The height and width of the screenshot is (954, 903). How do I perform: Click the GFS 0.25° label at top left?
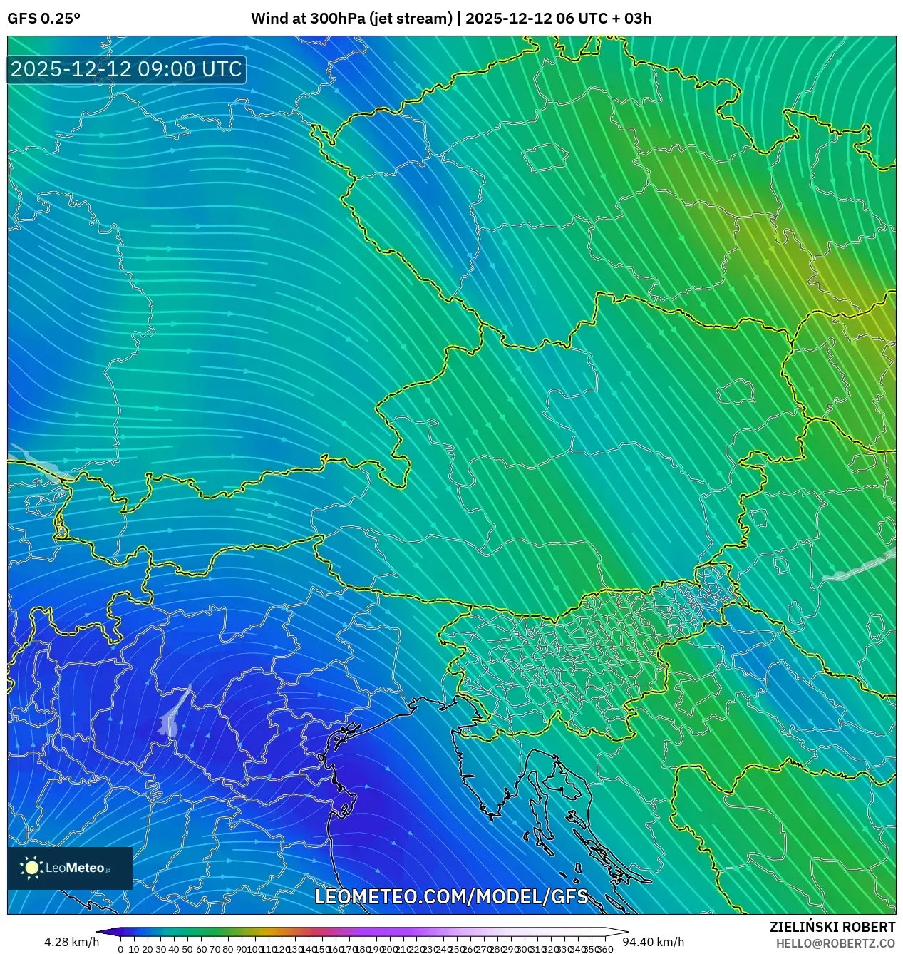[43, 19]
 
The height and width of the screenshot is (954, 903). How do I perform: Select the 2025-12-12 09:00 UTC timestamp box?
[126, 69]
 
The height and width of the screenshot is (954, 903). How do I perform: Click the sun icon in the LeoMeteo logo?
[31, 867]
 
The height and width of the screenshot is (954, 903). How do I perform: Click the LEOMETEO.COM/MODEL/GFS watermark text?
[451, 896]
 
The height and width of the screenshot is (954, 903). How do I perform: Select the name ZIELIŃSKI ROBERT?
[832, 927]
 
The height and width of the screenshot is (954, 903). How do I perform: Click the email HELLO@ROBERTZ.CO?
[835, 943]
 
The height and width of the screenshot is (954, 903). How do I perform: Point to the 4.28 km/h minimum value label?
[71, 942]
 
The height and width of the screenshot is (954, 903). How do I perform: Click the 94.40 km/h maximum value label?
[654, 942]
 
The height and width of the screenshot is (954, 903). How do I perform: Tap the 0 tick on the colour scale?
[120, 949]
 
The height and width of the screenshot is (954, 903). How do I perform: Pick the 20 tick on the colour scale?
[148, 949]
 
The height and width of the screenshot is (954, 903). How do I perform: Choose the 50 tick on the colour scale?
[187, 949]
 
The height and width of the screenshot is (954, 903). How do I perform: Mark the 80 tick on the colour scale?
[227, 949]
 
